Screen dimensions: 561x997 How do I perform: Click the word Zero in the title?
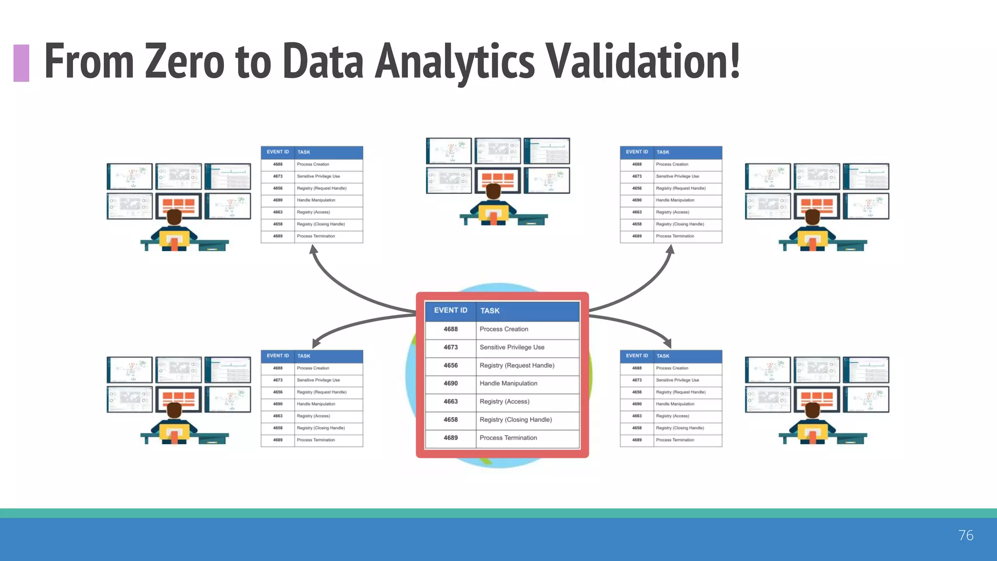tap(185, 61)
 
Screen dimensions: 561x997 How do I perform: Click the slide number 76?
tap(966, 535)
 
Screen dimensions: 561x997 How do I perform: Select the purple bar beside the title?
tap(21, 63)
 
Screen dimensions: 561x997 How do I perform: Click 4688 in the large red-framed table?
tap(450, 329)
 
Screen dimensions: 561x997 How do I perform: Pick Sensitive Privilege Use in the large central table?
tap(512, 347)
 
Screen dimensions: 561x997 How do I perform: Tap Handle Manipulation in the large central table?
tap(508, 383)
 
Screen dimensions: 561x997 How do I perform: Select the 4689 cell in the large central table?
tap(450, 438)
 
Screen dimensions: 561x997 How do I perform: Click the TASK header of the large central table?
tap(490, 311)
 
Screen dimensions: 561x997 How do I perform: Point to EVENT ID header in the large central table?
tap(450, 310)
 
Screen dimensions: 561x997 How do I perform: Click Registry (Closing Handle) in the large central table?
tap(516, 420)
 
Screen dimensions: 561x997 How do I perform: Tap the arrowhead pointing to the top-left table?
tap(314, 249)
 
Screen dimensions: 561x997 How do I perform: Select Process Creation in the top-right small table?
tap(672, 165)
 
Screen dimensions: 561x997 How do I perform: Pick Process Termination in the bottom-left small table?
tap(315, 440)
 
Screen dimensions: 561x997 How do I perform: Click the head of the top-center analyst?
tap(493, 190)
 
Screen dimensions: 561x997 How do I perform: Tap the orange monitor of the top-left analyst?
tap(179, 205)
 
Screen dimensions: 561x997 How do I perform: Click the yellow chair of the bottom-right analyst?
tap(812, 433)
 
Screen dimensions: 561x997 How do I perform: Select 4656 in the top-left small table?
tap(277, 188)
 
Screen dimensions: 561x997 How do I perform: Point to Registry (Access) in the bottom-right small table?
tap(672, 416)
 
